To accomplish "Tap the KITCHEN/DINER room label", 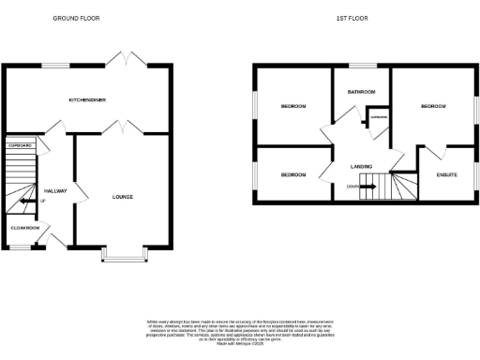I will (x=86, y=98).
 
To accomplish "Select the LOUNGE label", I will (x=122, y=197).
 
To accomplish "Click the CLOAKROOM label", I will (x=25, y=228).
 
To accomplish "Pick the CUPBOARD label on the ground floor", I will (x=21, y=146).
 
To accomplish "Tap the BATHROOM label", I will (x=362, y=92).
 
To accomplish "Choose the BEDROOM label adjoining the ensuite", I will (x=433, y=107).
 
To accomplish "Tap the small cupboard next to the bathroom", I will (x=378, y=118).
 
